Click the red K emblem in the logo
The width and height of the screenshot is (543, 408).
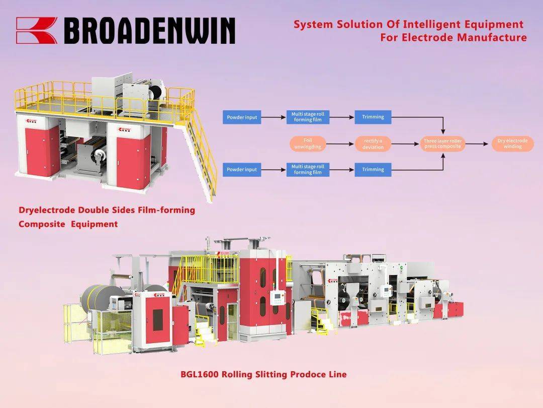[37, 31]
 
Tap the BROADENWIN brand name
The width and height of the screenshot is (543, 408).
[150, 31]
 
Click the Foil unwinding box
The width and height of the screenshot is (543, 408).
[308, 144]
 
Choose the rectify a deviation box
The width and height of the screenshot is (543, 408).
[373, 144]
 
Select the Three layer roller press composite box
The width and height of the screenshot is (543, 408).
[442, 144]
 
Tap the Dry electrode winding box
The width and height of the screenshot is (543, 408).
[512, 144]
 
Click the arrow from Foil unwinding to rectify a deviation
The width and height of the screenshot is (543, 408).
[340, 144]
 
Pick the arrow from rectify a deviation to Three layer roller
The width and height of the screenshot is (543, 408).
[405, 144]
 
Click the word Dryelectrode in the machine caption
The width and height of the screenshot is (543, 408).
[47, 210]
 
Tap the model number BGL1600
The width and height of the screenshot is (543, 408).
[200, 374]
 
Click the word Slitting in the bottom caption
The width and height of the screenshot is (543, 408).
[271, 374]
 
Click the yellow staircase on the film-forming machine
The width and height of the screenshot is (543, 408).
[201, 156]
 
